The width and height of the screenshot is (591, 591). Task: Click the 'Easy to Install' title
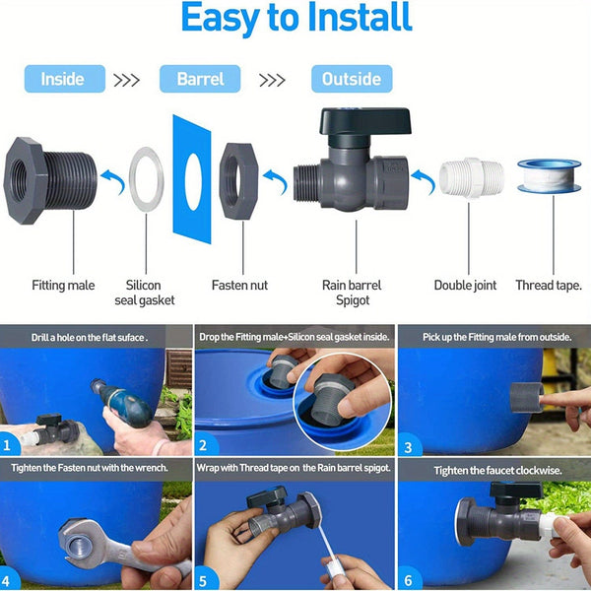[295, 21]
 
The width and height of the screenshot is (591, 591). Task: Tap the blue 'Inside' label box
[62, 79]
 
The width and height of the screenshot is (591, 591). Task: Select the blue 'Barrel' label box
[201, 79]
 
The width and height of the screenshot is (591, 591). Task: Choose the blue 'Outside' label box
[352, 79]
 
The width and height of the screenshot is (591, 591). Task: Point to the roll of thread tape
[548, 175]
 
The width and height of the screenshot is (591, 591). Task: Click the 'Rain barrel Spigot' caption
[352, 293]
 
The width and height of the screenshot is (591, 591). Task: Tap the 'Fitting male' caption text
[62, 286]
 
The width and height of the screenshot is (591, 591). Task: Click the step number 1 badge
[11, 443]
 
